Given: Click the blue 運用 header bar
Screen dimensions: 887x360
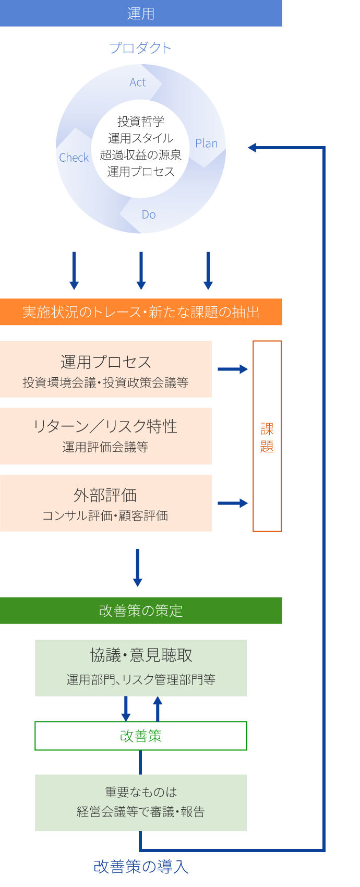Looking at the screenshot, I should coord(141,13).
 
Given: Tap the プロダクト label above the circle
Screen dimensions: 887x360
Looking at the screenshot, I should coord(140,48).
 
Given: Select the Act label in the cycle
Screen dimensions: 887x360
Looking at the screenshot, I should coord(138,82).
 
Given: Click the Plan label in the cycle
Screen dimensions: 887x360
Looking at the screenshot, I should coord(206,143).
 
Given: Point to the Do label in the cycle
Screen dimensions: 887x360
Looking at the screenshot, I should coord(149,214).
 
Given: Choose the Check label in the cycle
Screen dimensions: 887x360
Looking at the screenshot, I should coord(74,158).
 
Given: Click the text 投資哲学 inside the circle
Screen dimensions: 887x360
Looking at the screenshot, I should coord(141,122).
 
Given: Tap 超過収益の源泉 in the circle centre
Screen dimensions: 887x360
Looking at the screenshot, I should coord(141,155).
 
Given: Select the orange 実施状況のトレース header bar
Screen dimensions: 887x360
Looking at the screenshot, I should coord(141,312).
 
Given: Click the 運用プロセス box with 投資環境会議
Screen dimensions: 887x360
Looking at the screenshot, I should coord(106,369).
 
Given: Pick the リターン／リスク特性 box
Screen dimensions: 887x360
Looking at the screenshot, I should coord(106,436).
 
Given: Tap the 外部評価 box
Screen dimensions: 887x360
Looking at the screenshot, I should coord(106,503).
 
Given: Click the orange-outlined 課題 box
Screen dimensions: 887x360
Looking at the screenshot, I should coord(267,436).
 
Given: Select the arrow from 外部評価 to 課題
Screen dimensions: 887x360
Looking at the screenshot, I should coord(233,503).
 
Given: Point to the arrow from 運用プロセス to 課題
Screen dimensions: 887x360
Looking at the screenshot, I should coord(233,369).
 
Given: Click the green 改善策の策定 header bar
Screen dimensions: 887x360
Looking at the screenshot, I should coord(141,610).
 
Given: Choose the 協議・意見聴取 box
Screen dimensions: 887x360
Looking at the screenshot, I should coord(141,668).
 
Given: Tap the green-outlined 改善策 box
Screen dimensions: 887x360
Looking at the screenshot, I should coord(141,736).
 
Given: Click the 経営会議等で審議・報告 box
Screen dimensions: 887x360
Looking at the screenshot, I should coord(141,802).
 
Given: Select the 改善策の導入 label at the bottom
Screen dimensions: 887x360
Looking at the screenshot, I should coord(141,867).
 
